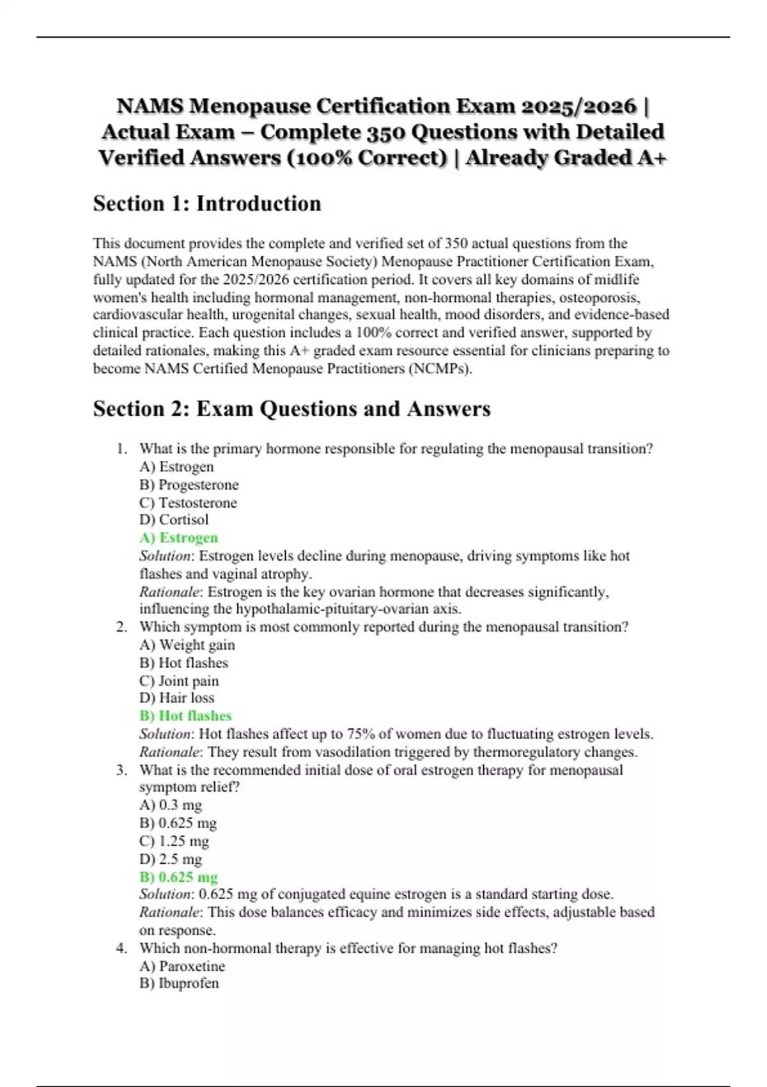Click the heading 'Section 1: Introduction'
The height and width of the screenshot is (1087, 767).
pos(207,203)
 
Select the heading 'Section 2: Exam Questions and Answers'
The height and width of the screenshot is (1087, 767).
pos(291,409)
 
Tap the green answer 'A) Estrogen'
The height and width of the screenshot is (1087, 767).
pos(178,538)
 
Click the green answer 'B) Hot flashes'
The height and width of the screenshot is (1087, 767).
pos(185,716)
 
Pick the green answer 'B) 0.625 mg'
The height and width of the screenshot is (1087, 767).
pos(178,877)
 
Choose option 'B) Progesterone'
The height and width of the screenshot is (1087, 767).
pos(189,485)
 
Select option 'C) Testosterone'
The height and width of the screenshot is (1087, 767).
pos(188,503)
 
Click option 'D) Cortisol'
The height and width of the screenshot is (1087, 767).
pos(174,520)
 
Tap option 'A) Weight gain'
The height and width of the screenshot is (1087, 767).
pos(187,645)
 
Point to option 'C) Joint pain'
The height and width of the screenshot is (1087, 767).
pos(179,680)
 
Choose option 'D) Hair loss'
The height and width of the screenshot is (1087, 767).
pos(176,698)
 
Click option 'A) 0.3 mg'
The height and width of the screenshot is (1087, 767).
pos(171,805)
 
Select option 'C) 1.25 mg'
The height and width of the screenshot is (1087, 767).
pos(174,841)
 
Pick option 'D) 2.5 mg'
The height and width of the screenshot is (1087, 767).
pos(171,859)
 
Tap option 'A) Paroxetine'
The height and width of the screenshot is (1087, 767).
pos(182,966)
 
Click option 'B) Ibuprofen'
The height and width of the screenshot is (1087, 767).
pos(179,983)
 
